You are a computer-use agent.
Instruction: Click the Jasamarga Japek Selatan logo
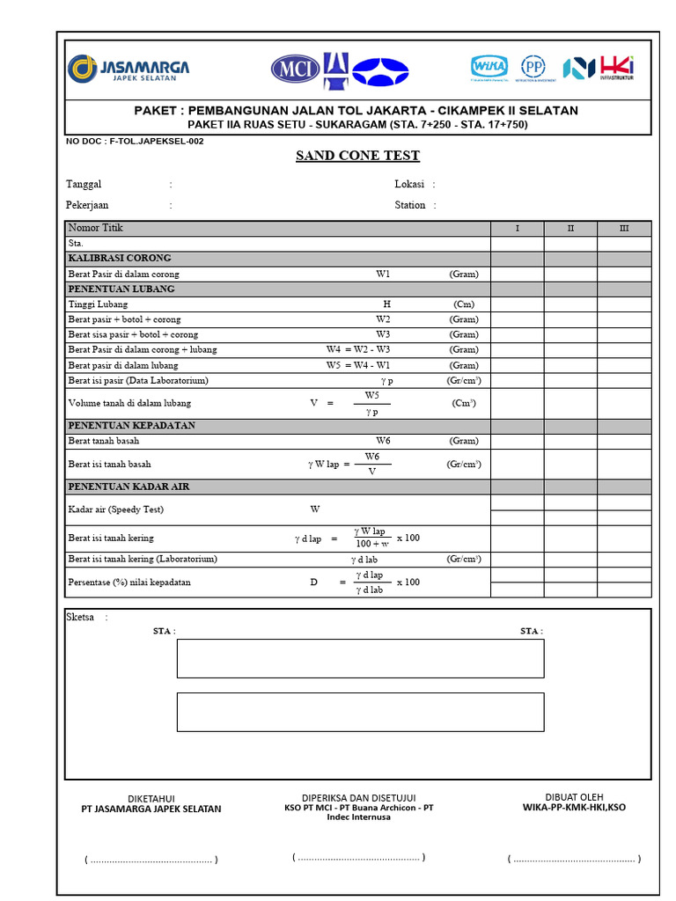[129, 70]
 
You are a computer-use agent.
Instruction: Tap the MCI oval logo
[295, 69]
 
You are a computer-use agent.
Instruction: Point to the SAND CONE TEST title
[357, 157]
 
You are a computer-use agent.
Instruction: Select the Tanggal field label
[84, 185]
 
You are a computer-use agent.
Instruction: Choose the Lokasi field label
[409, 185]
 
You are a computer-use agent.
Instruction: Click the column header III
[624, 229]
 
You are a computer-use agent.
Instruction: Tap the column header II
[570, 229]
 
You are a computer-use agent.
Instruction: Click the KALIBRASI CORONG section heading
[120, 259]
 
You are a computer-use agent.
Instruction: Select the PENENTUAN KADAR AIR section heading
[129, 487]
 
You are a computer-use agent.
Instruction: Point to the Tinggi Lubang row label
[98, 304]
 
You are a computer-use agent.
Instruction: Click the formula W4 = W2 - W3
[357, 349]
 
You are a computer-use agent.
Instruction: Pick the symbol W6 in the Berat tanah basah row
[383, 441]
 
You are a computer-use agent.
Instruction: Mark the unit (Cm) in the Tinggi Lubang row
[464, 304]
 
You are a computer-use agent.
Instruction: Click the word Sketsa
[80, 618]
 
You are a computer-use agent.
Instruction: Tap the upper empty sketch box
[360, 658]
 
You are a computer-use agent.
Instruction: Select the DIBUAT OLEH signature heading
[574, 797]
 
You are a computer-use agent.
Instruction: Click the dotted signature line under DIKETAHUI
[151, 860]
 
